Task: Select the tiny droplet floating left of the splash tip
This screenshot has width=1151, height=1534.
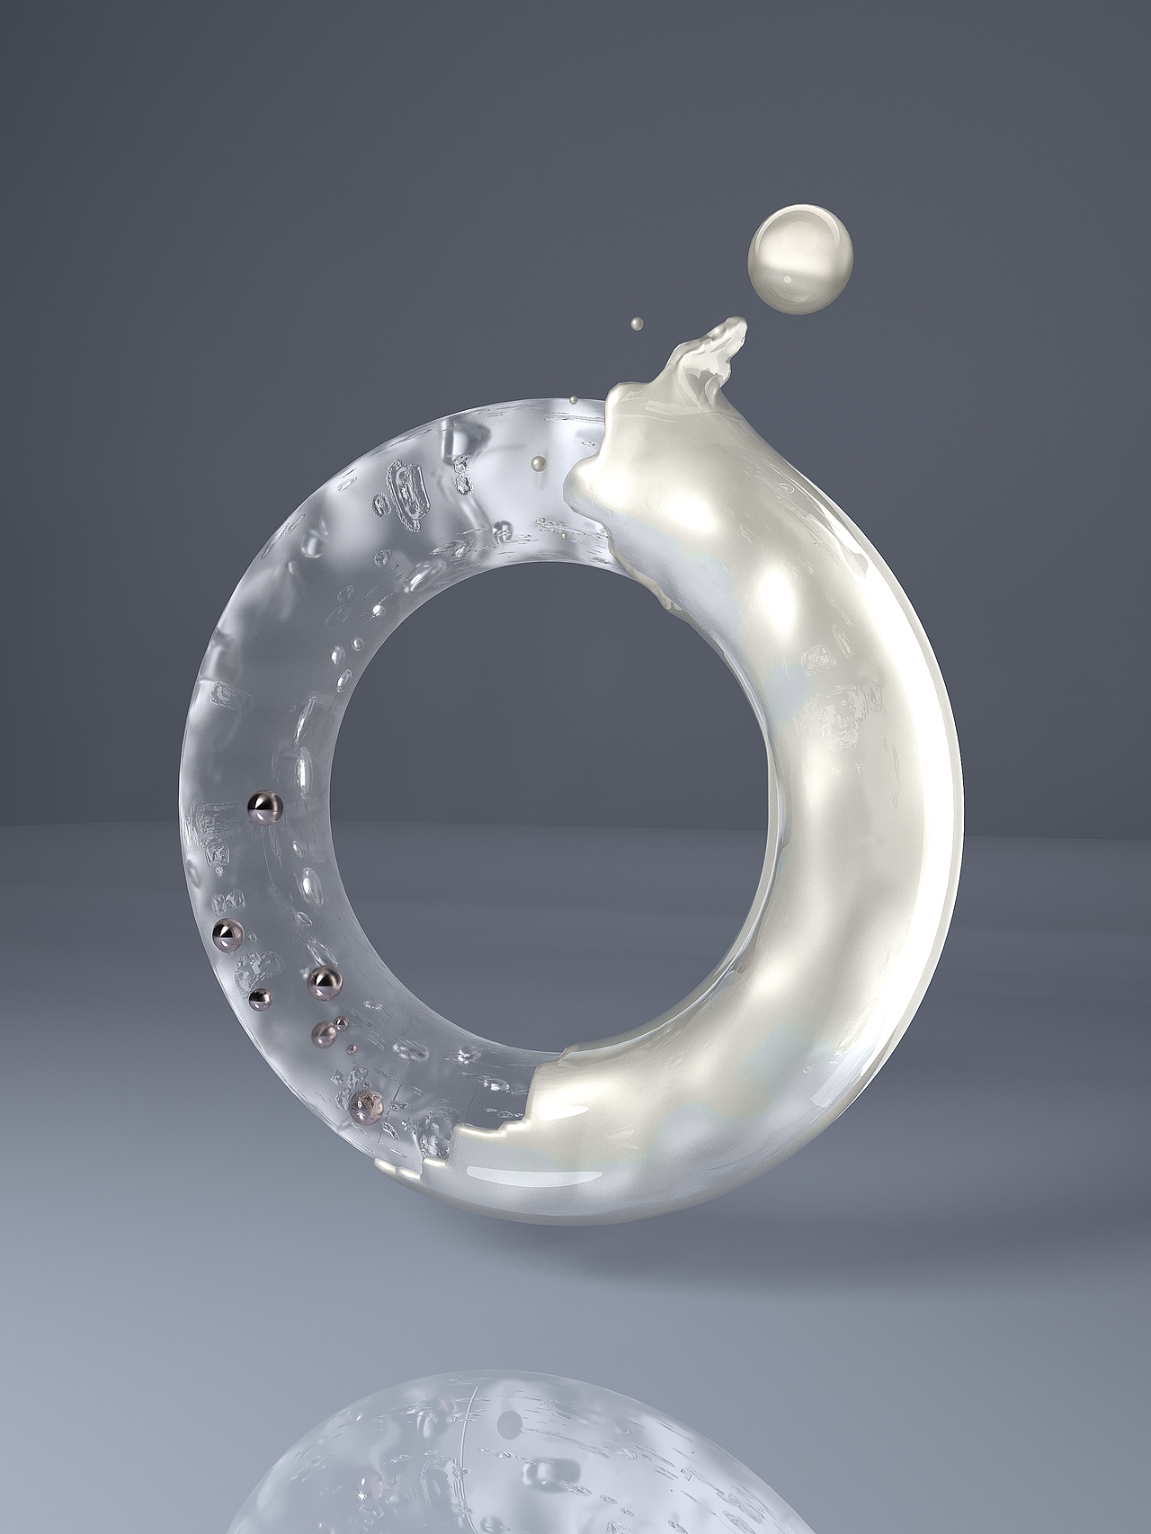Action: pos(637,322)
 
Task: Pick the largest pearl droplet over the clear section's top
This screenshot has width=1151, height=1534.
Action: pos(538,462)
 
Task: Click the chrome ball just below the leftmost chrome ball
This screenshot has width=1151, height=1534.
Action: pos(260,996)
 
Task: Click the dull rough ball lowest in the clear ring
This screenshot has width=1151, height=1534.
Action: pos(365,1105)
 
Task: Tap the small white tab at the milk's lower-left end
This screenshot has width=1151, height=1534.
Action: pos(384,1166)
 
